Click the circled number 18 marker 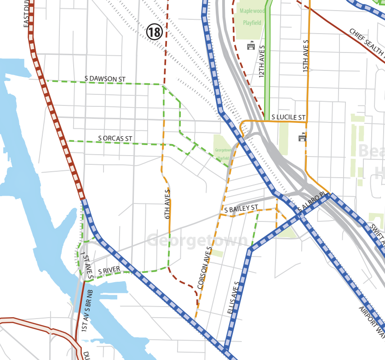coord(155,32)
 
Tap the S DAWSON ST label coord(105,79)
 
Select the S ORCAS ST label coord(115,138)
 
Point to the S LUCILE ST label coord(288,117)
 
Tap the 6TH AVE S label coord(167,203)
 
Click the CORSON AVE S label coord(205,267)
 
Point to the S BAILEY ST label coord(241,209)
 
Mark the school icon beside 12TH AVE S coord(251,46)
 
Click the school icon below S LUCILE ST coord(302,137)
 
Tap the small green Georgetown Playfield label coord(223,154)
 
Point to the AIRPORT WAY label coord(372,322)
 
